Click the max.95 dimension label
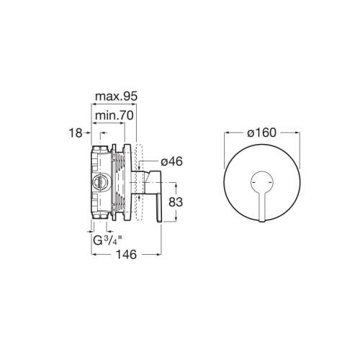coord(117,96)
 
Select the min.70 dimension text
coord(114,116)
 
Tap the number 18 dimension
coord(76,133)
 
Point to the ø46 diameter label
coord(171,161)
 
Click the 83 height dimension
coord(176,202)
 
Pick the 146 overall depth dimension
coord(127,254)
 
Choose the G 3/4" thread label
coord(108,240)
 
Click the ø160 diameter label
coord(262,132)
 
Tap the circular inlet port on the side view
coord(99,182)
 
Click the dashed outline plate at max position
coord(139,182)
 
